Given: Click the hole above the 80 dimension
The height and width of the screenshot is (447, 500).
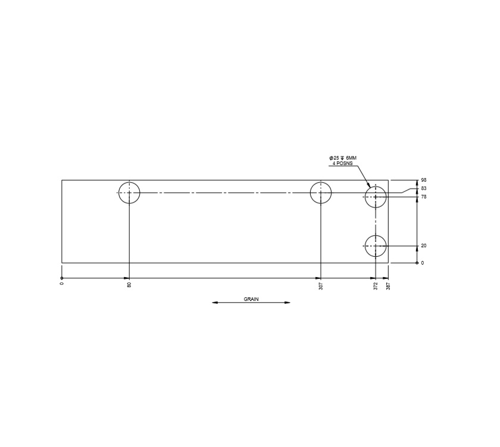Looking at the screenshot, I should point(129,193).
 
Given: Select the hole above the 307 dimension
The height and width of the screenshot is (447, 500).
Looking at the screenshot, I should point(321,193).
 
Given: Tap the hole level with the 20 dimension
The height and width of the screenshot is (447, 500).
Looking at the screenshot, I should point(376,246).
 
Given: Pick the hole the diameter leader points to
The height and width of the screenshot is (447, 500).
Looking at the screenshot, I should point(376,197).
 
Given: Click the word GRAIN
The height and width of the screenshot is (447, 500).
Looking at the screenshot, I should point(251,299).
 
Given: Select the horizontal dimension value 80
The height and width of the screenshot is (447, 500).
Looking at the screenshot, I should point(129,285).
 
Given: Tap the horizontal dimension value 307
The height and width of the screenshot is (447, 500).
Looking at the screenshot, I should point(321,286).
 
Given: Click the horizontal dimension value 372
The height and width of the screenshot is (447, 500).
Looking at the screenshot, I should point(376,286).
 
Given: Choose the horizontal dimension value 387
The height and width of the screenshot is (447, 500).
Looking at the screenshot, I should point(388,286).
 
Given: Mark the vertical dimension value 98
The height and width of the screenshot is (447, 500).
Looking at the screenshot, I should point(424,180).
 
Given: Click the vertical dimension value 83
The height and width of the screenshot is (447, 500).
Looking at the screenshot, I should point(424,188).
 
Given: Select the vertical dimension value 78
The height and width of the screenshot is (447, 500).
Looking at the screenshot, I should point(424,197).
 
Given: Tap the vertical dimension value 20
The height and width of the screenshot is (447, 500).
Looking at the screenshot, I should point(424,246).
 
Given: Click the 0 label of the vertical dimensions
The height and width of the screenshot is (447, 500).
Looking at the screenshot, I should point(423,263).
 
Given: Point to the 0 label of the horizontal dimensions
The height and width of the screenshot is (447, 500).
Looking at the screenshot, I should point(62,284).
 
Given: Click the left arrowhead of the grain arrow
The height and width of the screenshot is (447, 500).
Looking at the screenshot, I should point(215,303).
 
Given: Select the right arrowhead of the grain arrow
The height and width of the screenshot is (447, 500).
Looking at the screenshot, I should point(287,303).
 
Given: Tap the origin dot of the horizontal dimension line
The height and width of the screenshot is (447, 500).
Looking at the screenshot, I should point(62,278).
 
